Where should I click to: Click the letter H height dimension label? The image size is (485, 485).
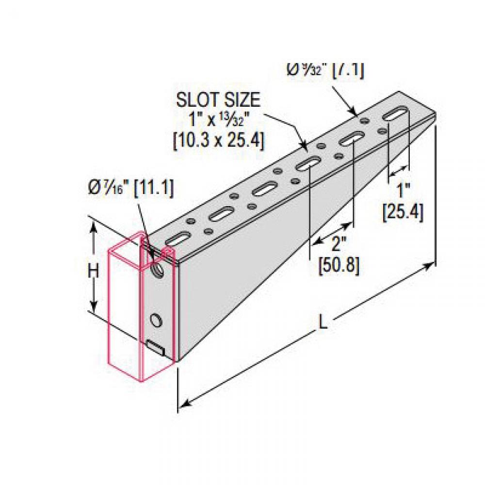(93, 271)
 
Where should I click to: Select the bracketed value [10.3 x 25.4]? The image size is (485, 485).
(218, 141)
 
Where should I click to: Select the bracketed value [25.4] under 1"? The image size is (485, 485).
(403, 212)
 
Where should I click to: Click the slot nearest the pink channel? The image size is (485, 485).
(178, 239)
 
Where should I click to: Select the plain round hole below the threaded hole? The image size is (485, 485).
(156, 320)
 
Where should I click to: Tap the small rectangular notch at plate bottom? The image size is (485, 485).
(156, 347)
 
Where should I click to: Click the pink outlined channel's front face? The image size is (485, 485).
(124, 310)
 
